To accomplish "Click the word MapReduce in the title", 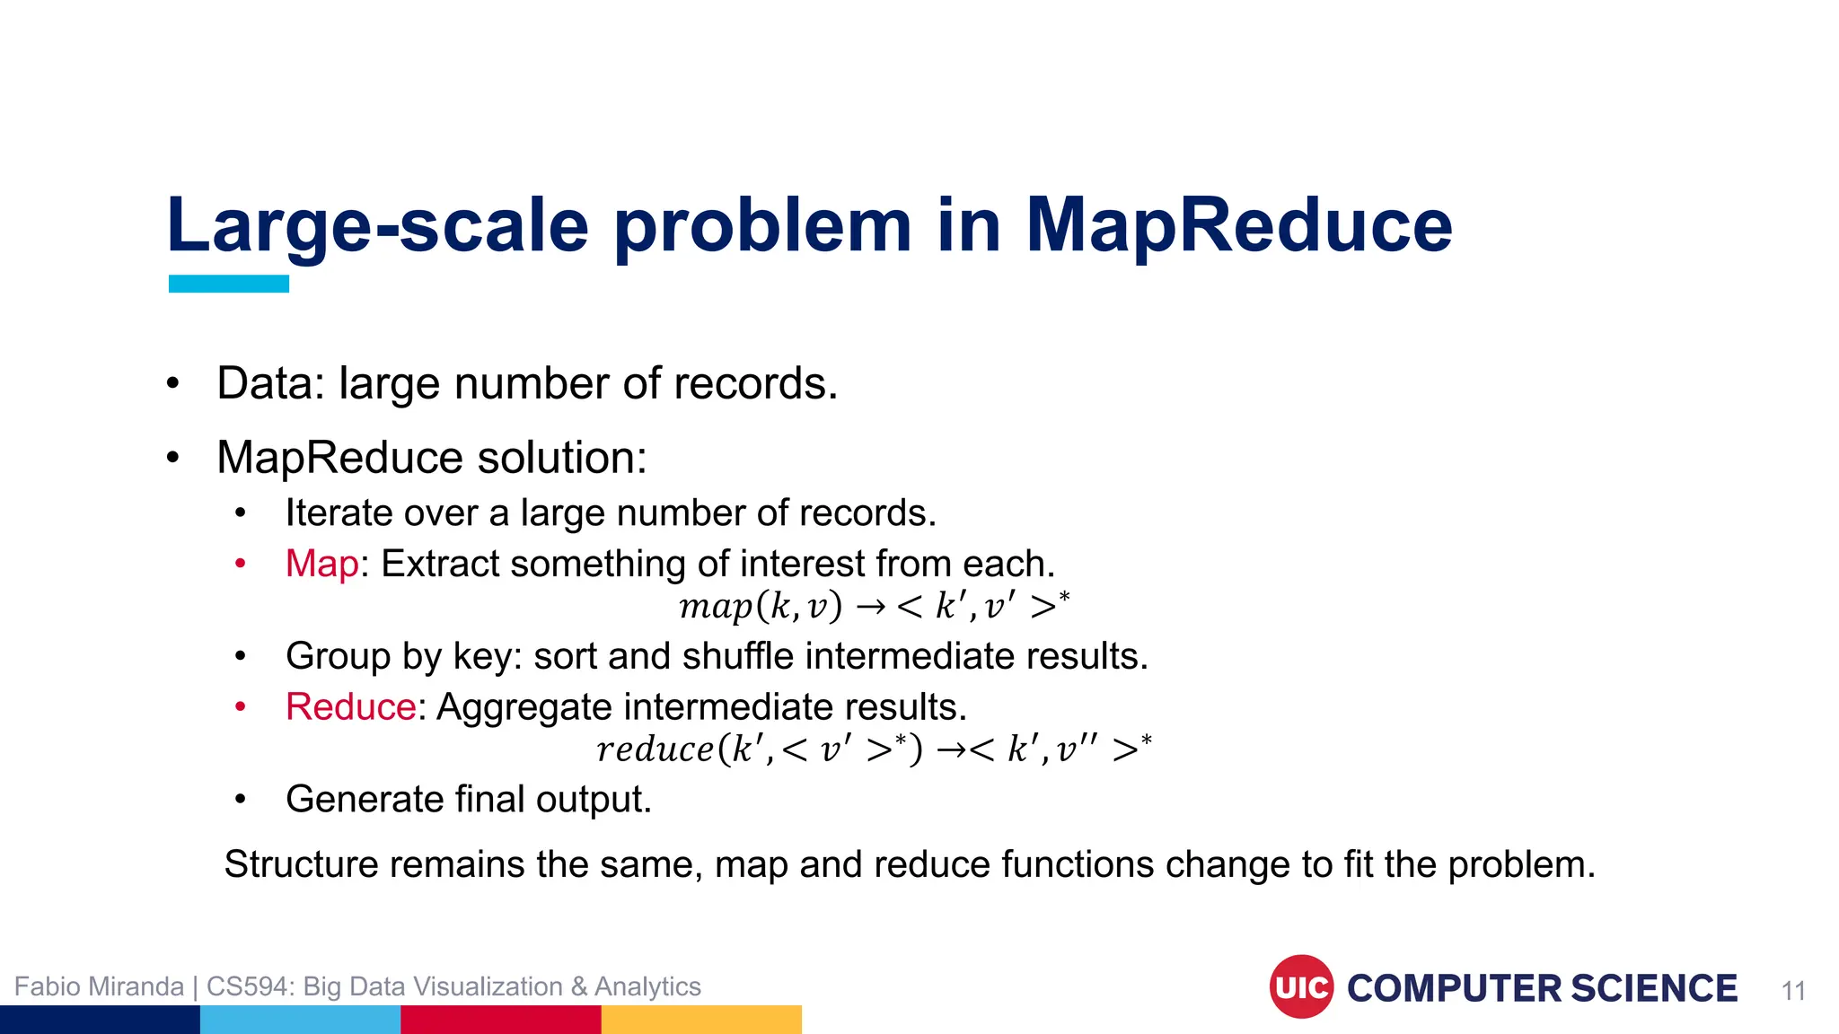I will click(1238, 225).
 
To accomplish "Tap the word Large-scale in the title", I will click(377, 225).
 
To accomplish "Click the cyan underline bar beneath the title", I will click(229, 284).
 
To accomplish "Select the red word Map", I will click(321, 564).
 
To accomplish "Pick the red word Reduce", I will click(350, 707).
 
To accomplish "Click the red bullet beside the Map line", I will click(240, 564).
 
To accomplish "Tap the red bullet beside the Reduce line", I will click(240, 707).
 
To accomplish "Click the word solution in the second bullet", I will click(560, 458).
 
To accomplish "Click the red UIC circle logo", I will click(1301, 986).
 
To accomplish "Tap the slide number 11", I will click(1793, 991).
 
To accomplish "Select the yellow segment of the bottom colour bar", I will click(701, 1020).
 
